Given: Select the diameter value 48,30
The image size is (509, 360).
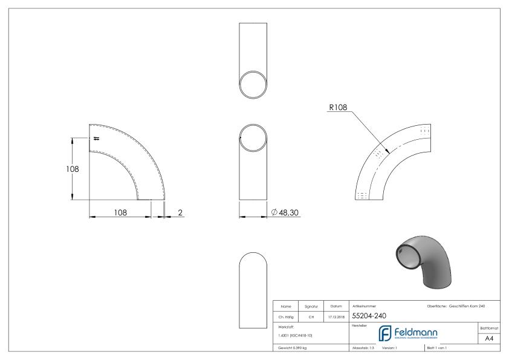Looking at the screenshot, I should coord(287,212).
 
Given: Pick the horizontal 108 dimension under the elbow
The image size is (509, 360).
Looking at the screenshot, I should coord(121,212).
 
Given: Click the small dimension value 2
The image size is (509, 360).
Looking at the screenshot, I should coord(180,212).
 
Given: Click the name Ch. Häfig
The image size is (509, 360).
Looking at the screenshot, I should coord(285,315).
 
